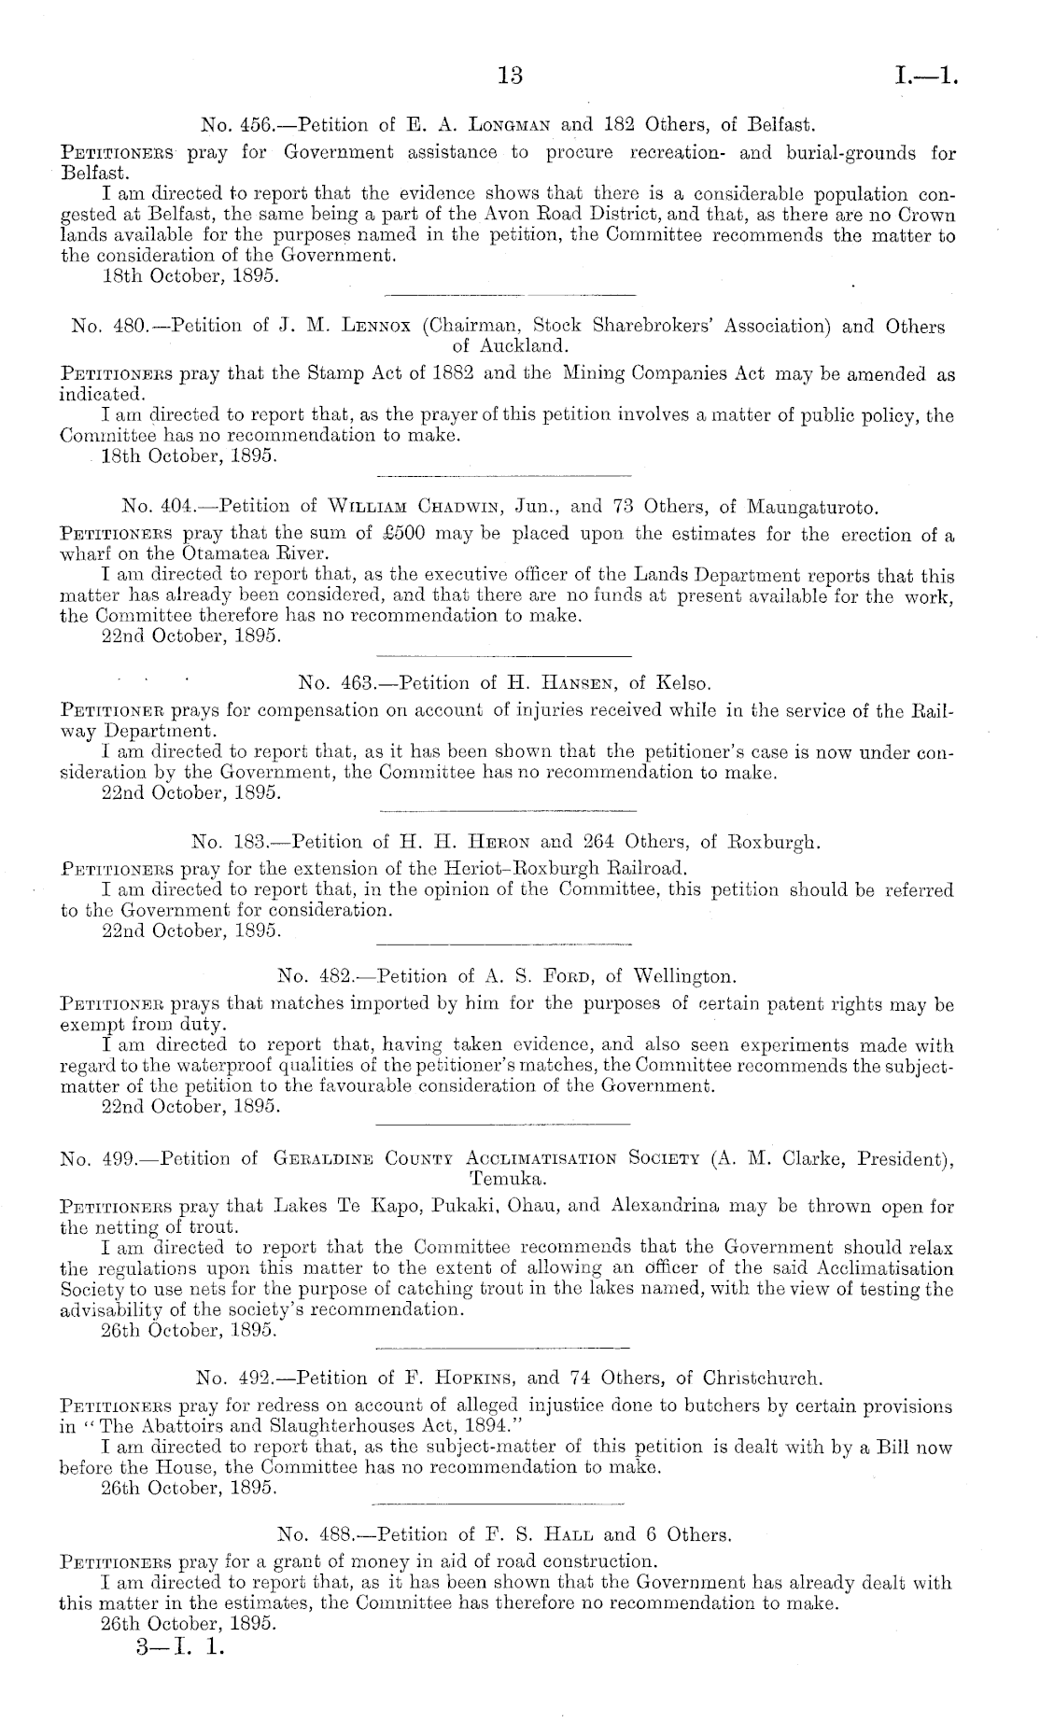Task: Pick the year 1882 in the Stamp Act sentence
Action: point(448,374)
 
